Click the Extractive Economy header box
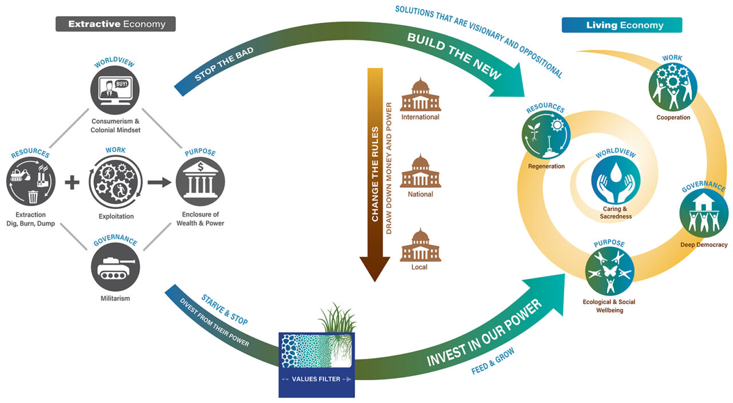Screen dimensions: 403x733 [x=116, y=24]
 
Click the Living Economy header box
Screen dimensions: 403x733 [x=621, y=25]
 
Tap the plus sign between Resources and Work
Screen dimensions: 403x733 [x=72, y=183]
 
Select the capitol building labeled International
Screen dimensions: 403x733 [x=420, y=94]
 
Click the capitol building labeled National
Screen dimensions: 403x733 [x=420, y=172]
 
